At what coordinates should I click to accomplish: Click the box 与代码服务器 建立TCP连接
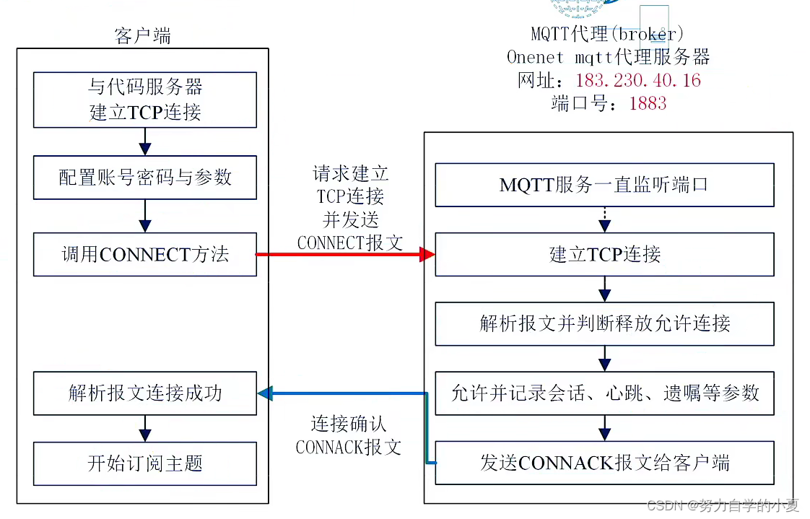[x=145, y=100]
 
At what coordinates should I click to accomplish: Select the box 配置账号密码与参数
[x=145, y=178]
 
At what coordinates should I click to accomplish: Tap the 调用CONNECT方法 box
[x=145, y=254]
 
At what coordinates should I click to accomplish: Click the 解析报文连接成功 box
[x=145, y=393]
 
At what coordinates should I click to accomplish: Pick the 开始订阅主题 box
[x=145, y=463]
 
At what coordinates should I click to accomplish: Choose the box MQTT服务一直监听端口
[x=604, y=185]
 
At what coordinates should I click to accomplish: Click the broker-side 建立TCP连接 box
[x=604, y=254]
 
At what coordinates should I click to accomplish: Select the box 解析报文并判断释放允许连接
[x=604, y=323]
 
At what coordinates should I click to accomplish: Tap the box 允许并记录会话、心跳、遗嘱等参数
[x=604, y=393]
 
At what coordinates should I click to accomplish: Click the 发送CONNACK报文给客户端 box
[x=604, y=463]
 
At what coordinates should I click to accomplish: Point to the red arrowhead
[x=428, y=254]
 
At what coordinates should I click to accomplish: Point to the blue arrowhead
[x=265, y=393]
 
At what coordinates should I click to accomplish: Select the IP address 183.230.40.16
[x=638, y=80]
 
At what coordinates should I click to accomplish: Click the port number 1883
[x=648, y=103]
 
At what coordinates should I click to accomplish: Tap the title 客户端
[x=143, y=37]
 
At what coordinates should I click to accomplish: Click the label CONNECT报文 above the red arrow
[x=350, y=243]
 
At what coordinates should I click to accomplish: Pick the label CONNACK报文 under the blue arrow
[x=349, y=447]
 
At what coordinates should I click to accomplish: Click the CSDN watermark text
[x=723, y=505]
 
